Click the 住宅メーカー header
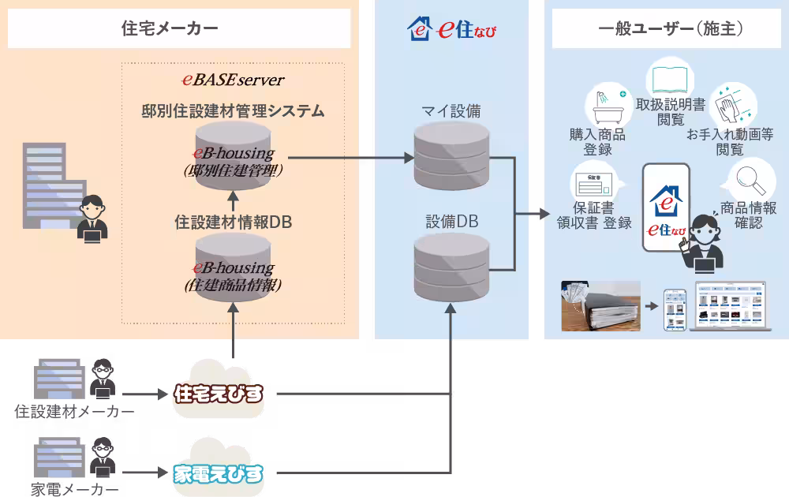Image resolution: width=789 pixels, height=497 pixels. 179,28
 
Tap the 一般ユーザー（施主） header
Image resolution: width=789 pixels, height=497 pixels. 667,28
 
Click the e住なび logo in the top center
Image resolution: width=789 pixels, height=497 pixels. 451,29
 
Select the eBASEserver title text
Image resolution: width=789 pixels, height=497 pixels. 233,80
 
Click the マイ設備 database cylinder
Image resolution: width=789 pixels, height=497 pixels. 451,156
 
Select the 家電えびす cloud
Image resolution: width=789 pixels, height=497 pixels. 219,472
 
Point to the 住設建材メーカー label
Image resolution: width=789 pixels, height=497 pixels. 75,412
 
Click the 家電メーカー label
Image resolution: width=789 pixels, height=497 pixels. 75,489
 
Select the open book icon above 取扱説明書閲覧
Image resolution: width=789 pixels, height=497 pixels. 670,79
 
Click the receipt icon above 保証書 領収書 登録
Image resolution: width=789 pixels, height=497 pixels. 596,183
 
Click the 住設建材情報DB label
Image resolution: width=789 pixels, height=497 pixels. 233,223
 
